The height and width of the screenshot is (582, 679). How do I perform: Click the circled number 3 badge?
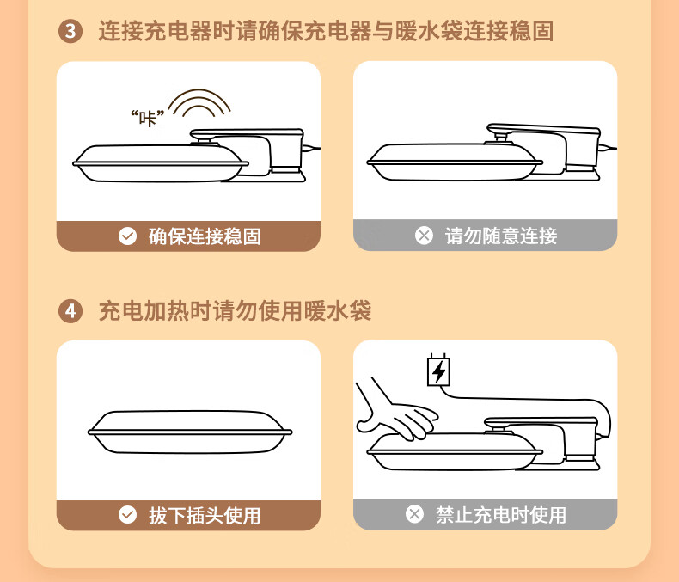point(70,31)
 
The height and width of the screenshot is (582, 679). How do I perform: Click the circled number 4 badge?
point(70,311)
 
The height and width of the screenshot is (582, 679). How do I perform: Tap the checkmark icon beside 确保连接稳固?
point(128,236)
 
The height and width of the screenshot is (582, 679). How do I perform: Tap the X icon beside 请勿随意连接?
point(424,236)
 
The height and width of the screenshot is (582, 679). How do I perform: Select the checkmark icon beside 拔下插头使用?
point(128,515)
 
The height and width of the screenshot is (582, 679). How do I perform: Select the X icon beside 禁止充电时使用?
point(414,514)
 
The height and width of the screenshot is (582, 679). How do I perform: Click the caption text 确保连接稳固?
point(205,236)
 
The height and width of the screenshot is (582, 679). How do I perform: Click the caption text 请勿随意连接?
point(501,236)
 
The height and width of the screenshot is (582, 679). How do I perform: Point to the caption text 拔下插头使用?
point(205,515)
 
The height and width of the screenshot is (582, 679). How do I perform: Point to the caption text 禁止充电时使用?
point(501,515)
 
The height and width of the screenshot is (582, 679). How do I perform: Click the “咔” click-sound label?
point(148,118)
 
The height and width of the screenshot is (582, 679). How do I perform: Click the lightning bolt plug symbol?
point(438,371)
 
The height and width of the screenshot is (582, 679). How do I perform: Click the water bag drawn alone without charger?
point(190,432)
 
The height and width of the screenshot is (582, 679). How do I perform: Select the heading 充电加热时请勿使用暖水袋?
point(236,311)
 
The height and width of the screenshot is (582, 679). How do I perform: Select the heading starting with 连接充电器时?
point(326,31)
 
